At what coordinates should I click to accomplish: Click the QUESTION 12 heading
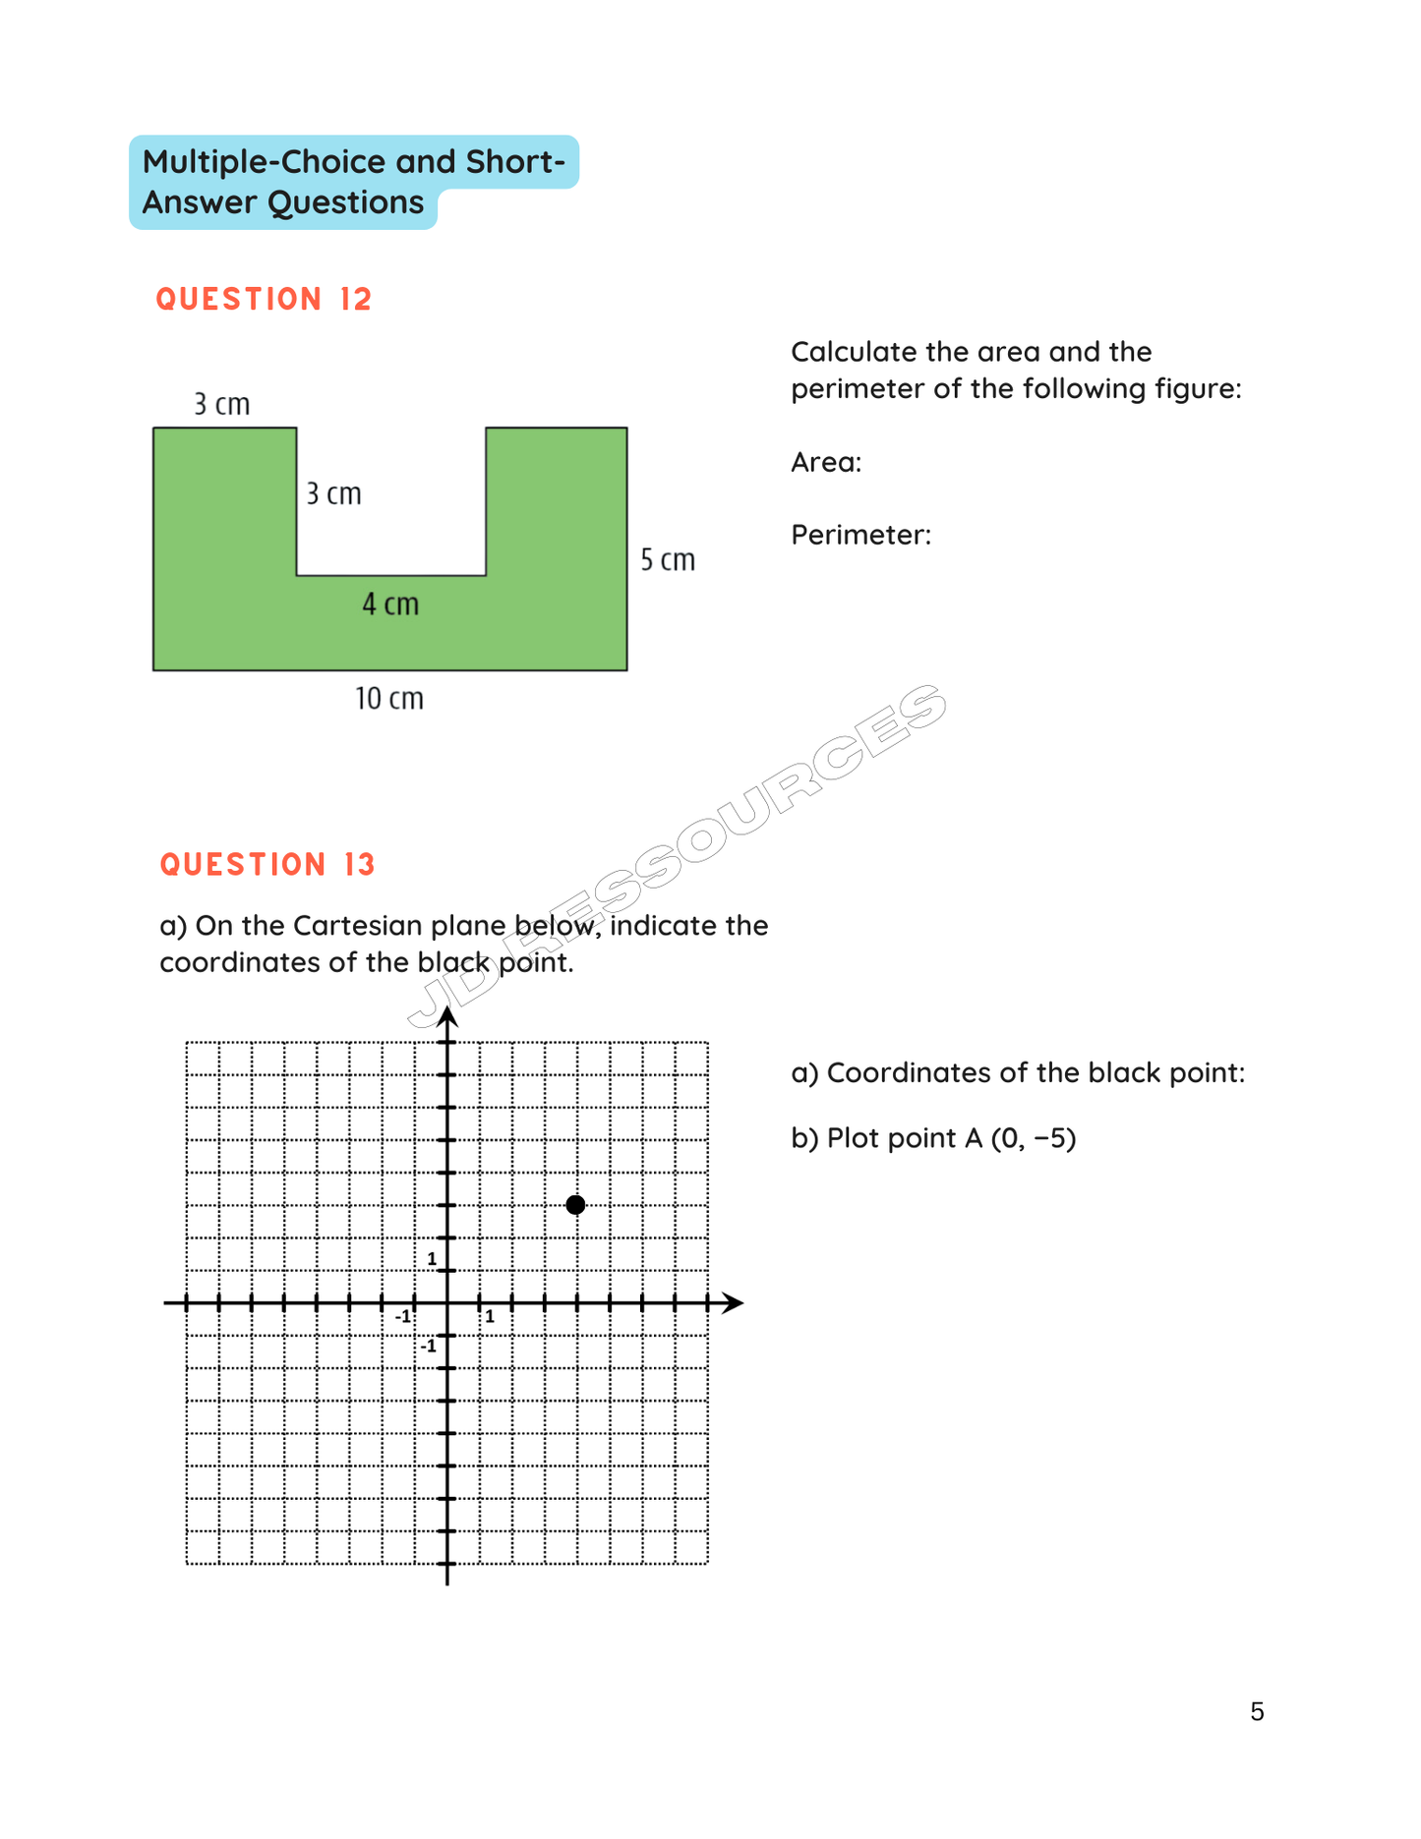264,299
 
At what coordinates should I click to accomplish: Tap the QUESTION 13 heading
267,864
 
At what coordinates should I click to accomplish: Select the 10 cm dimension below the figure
389,699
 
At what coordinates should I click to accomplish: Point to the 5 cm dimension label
668,560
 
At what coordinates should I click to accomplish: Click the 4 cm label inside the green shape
390,603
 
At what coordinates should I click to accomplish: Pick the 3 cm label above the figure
221,404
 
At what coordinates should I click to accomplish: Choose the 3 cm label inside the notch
333,493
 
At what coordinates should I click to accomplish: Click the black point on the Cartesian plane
576,1205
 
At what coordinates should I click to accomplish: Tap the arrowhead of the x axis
733,1303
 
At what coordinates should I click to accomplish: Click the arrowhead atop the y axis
447,1018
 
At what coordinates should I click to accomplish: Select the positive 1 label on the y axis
432,1259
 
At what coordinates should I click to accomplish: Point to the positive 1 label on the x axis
490,1317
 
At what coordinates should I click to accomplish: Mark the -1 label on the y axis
429,1346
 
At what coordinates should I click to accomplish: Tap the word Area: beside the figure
826,462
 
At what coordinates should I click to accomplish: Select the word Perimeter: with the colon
860,535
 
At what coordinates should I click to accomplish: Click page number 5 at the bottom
1257,1711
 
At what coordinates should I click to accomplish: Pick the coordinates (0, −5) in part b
1034,1138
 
